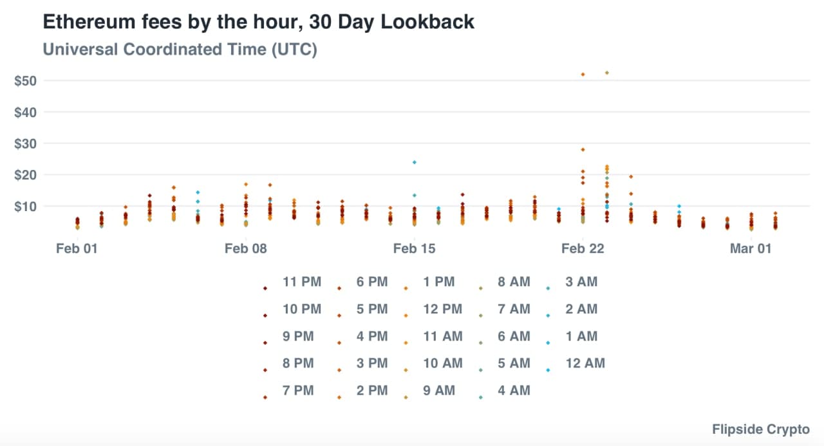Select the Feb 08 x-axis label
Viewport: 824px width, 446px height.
245,248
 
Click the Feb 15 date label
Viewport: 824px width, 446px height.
414,248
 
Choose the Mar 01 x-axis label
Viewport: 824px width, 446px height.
751,248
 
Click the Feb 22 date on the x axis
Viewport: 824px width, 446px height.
583,248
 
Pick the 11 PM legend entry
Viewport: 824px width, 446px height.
301,282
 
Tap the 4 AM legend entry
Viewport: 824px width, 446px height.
514,391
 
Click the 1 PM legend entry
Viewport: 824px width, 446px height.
438,282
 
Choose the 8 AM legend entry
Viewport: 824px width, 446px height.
514,282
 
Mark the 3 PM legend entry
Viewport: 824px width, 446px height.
372,364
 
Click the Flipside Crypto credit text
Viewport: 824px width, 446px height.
760,429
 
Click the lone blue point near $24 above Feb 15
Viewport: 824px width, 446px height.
415,162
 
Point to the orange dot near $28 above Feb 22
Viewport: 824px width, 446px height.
583,149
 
